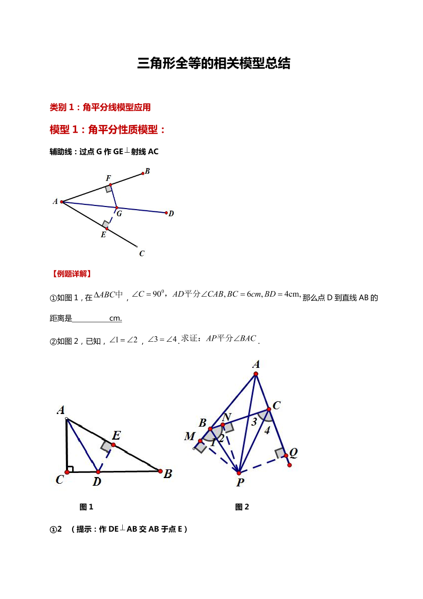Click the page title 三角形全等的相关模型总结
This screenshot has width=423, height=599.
point(214,64)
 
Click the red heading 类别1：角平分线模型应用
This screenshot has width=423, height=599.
point(100,107)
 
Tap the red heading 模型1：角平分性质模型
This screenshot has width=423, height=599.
point(107,130)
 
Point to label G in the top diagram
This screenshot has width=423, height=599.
point(119,214)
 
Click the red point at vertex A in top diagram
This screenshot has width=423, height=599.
point(61,202)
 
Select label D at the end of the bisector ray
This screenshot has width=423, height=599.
point(171,214)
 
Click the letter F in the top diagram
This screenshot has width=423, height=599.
point(108,178)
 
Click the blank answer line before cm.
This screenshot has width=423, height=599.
point(91,319)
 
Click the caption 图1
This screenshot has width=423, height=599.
point(86,507)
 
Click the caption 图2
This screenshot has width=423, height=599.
point(242,507)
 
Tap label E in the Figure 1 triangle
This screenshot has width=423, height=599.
point(116,436)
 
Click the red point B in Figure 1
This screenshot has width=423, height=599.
point(160,471)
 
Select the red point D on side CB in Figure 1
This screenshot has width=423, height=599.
point(98,471)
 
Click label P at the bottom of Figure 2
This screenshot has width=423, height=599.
point(240,482)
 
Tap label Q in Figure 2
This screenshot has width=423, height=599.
point(294,452)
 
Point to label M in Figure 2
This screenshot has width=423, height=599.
point(190,437)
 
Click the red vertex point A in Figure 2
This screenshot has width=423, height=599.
point(256,374)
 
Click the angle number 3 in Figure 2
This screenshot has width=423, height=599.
point(253,422)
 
